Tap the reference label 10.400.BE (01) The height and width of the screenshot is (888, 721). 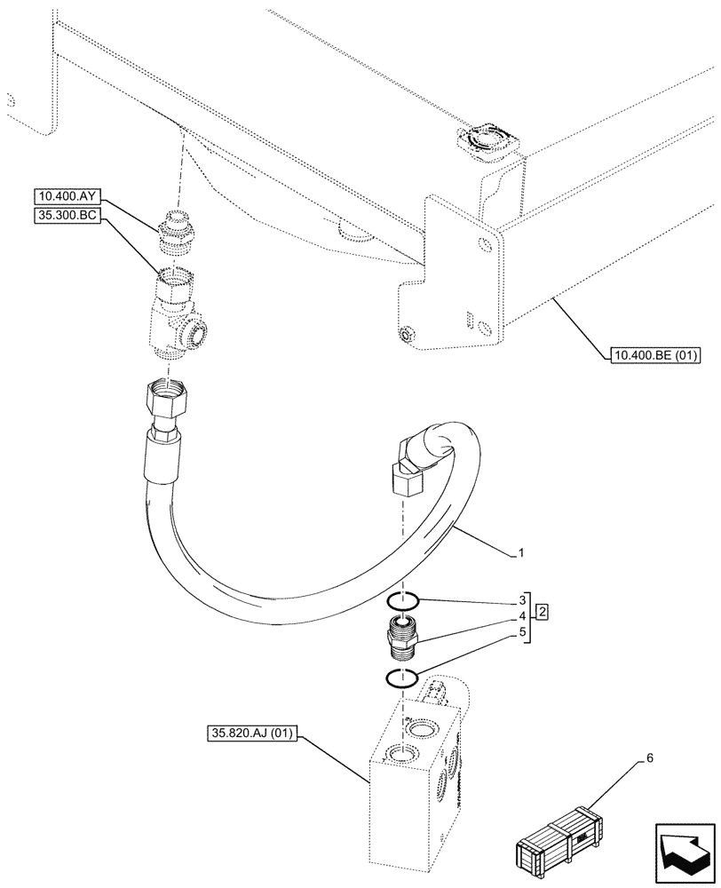(655, 357)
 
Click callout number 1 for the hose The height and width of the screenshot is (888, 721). (521, 554)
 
